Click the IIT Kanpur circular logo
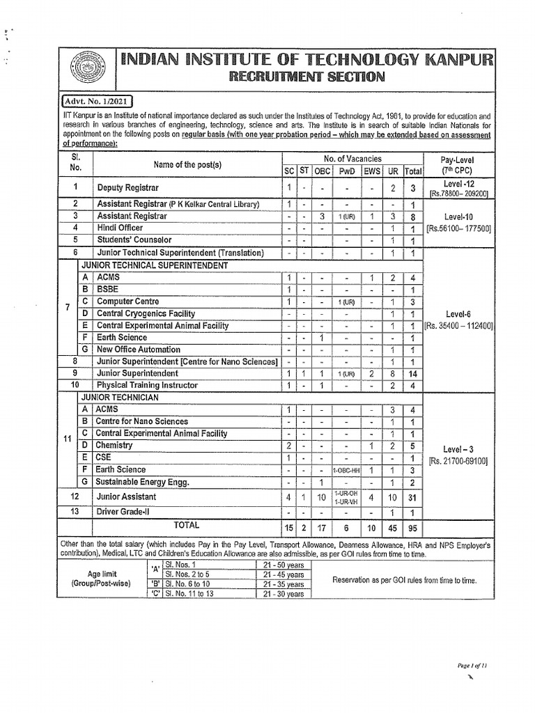(85, 69)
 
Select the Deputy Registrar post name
(127, 188)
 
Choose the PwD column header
(346, 171)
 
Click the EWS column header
(372, 171)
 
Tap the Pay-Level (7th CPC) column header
(458, 165)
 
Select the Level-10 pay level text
(458, 217)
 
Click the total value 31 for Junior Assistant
(413, 497)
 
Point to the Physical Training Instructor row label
(147, 385)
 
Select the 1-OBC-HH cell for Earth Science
(346, 470)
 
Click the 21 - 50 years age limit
(284, 564)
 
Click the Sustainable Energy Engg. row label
(142, 482)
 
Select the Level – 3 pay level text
(458, 448)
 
